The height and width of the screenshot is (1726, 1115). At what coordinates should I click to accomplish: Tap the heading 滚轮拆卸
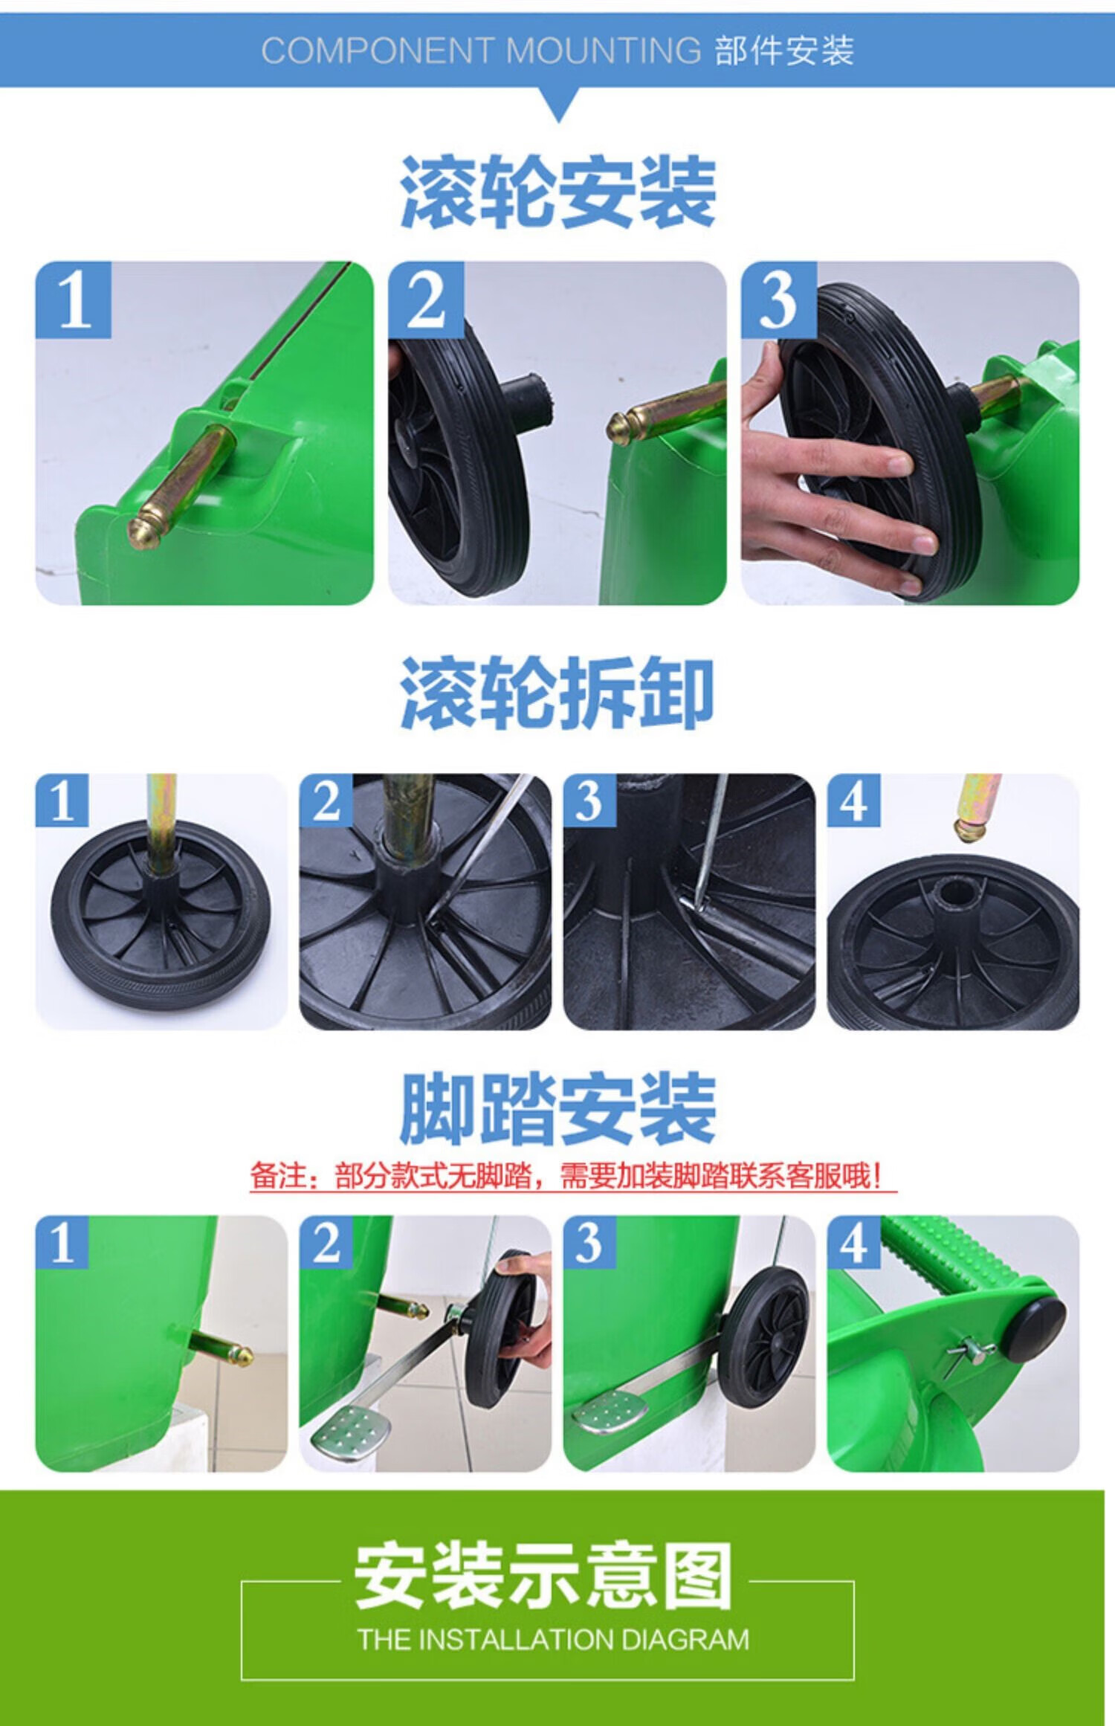pyautogui.click(x=557, y=694)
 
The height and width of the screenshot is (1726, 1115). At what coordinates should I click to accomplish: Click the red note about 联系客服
pyautogui.click(x=573, y=1177)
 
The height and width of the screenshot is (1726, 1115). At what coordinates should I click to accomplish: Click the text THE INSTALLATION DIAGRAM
pyautogui.click(x=554, y=1639)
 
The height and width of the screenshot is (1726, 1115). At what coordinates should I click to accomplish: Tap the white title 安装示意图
pyautogui.click(x=543, y=1577)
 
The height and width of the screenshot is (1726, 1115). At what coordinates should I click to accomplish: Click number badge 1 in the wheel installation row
pyautogui.click(x=74, y=300)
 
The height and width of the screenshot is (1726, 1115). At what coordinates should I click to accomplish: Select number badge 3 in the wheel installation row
pyautogui.click(x=778, y=300)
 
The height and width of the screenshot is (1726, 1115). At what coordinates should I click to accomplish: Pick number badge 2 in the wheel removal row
pyautogui.click(x=326, y=800)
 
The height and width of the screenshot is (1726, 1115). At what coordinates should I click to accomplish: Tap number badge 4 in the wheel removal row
pyautogui.click(x=854, y=800)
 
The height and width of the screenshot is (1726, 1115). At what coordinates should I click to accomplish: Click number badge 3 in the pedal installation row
pyautogui.click(x=590, y=1242)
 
